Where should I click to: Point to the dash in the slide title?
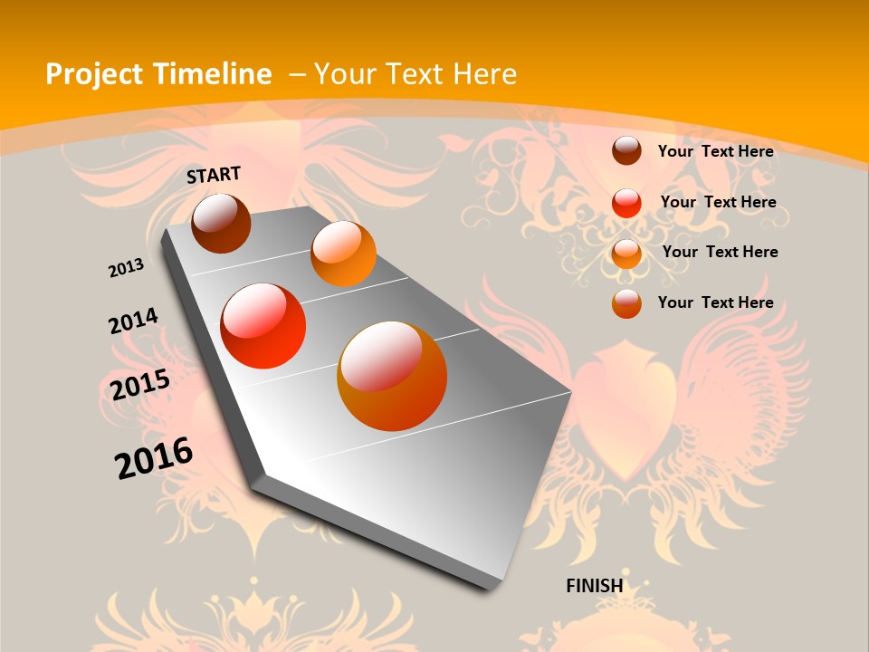pyautogui.click(x=297, y=74)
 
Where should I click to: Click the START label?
pyautogui.click(x=214, y=175)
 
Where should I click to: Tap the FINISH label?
pyautogui.click(x=595, y=585)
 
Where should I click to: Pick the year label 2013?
pyautogui.click(x=126, y=268)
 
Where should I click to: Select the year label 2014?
pyautogui.click(x=133, y=321)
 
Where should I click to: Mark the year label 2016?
pyautogui.click(x=154, y=458)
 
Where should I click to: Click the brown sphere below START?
pyautogui.click(x=221, y=223)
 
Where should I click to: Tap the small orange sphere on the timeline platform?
pyautogui.click(x=343, y=254)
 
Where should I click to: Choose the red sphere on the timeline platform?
pyautogui.click(x=263, y=326)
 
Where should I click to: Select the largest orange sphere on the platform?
pyautogui.click(x=392, y=376)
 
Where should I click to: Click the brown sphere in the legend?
pyautogui.click(x=626, y=150)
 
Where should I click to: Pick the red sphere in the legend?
pyautogui.click(x=626, y=202)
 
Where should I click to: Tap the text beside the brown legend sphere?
pyautogui.click(x=715, y=151)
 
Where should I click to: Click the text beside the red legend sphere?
pyautogui.click(x=718, y=202)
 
